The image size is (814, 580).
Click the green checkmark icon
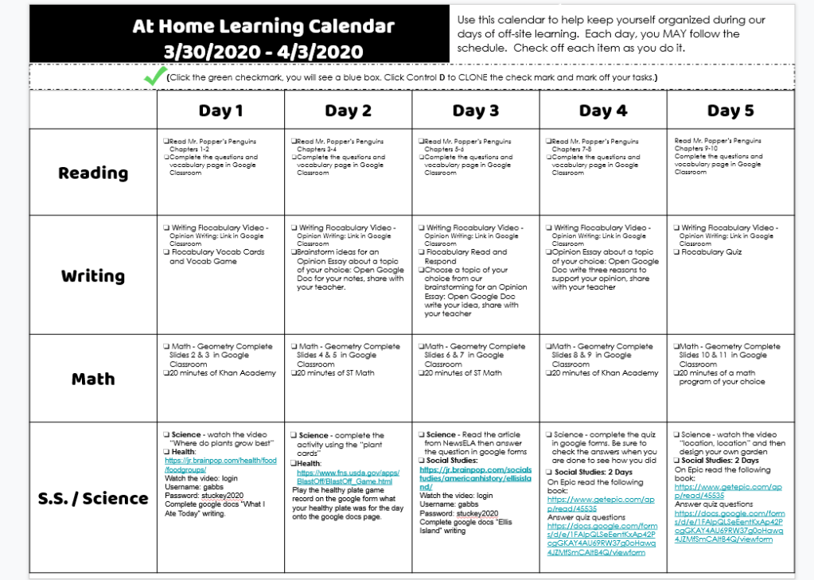point(154,76)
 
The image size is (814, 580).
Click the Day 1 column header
point(220,110)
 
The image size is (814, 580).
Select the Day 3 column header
point(475,110)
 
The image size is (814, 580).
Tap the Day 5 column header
point(730,110)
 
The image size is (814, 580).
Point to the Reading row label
point(93,173)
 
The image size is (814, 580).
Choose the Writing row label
point(93,276)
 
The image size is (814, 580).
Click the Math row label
point(93,379)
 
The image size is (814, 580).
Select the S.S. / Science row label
point(93,499)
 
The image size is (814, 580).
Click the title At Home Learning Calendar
point(263,26)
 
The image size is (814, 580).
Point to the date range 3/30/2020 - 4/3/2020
point(263,53)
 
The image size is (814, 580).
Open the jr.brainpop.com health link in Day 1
point(220,465)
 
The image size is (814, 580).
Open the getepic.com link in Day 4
point(601,504)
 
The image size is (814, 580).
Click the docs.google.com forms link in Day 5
point(729,526)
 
